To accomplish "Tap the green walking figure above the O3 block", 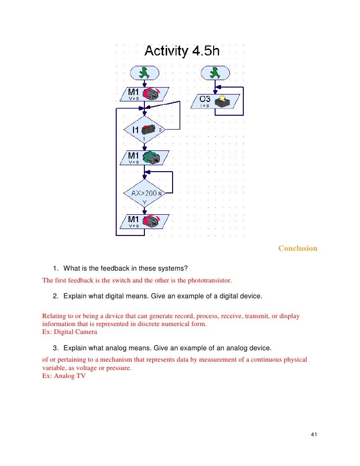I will click(215, 73).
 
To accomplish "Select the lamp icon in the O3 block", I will click(225, 100).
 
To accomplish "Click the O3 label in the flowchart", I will click(206, 98).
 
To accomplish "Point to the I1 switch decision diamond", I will click(143, 130).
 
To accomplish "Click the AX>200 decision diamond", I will click(143, 194).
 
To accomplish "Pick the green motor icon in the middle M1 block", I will click(150, 158).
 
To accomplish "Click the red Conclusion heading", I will click(298, 248).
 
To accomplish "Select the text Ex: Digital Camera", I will click(70, 332).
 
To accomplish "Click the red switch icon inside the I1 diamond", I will click(149, 129).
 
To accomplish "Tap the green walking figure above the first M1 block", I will click(144, 73).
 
